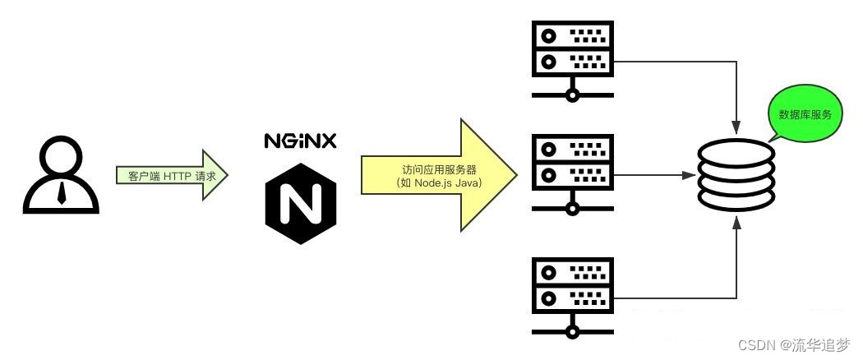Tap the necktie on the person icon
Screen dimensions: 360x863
[61, 194]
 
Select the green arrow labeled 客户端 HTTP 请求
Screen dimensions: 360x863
[172, 175]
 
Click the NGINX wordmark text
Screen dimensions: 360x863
[300, 141]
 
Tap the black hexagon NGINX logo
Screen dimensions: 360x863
[300, 203]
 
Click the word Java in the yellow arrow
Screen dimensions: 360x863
[468, 182]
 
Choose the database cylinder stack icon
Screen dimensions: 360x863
[736, 175]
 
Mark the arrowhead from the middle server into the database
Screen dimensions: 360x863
[690, 174]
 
